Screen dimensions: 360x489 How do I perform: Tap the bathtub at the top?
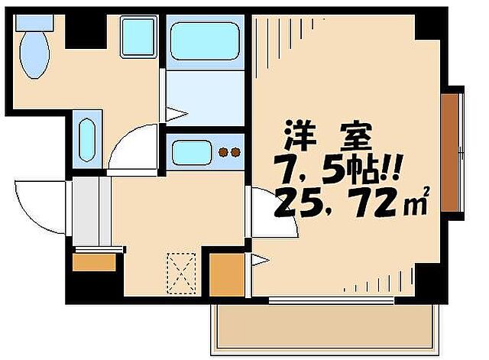[205, 38]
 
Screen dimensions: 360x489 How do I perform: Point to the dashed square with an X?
[183, 273]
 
